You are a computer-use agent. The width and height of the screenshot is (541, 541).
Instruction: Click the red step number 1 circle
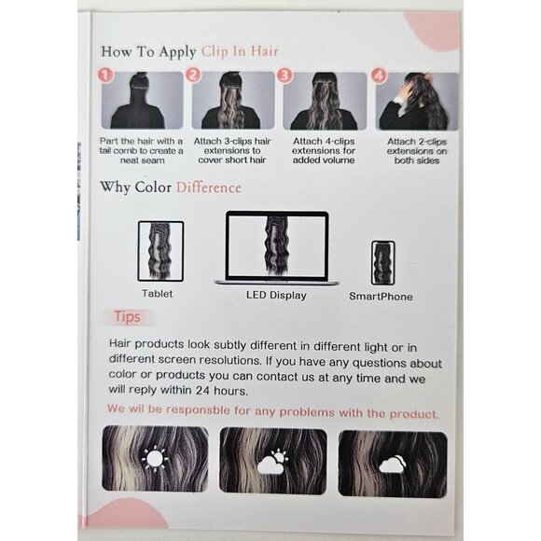(106, 75)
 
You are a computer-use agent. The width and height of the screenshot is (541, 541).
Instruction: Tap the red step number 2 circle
(194, 75)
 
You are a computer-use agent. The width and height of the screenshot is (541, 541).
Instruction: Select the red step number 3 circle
(285, 76)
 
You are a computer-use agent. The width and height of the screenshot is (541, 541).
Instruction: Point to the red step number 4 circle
(379, 76)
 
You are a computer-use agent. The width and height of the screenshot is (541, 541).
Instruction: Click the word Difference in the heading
(208, 187)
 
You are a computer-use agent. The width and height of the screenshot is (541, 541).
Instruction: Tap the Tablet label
(158, 294)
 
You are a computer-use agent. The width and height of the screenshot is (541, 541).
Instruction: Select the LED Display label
(276, 296)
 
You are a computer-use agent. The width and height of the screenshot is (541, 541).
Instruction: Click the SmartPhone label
(381, 297)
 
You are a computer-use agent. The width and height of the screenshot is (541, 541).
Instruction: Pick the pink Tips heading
(127, 317)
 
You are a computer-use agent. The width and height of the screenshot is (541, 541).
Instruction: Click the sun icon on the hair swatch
(155, 459)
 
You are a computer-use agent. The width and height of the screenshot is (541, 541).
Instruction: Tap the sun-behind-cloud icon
(272, 462)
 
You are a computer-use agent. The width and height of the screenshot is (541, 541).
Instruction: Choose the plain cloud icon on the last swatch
(393, 465)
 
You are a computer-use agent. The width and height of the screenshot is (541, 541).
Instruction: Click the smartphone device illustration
(383, 263)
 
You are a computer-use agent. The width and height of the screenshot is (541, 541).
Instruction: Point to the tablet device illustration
(160, 252)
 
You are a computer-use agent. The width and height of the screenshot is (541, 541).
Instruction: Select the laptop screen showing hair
(277, 245)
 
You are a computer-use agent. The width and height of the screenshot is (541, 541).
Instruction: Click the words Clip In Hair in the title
(240, 51)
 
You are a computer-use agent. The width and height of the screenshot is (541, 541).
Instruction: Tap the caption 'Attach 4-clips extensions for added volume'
(324, 151)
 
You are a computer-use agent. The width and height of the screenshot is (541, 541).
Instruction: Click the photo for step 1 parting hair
(142, 101)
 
